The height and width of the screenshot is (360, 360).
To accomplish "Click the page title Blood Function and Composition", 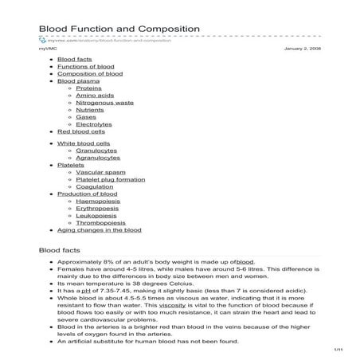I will [x=119, y=29].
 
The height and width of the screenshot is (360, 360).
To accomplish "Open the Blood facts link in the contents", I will [x=76, y=60].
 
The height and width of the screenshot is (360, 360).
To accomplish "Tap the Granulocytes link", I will [x=98, y=150].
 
